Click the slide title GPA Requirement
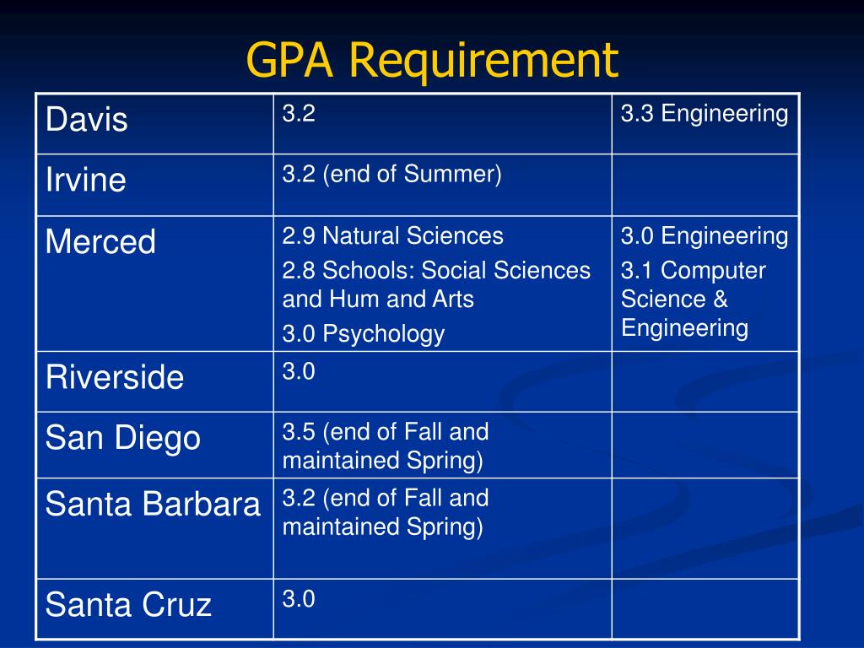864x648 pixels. click(432, 61)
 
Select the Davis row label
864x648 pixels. click(87, 119)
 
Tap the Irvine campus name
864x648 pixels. click(86, 180)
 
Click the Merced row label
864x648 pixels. click(100, 241)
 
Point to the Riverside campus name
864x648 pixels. click(115, 377)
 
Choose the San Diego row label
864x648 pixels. click(123, 439)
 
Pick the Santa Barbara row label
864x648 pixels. click(153, 504)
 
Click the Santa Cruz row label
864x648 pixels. click(128, 604)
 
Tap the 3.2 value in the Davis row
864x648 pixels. click(299, 114)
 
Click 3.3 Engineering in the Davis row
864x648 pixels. click(705, 114)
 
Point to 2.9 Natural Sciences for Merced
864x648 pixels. click(393, 236)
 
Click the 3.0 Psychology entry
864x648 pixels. click(364, 334)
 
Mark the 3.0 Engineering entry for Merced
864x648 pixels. click(705, 236)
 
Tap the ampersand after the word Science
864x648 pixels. click(721, 300)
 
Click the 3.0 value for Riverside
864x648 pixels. click(299, 371)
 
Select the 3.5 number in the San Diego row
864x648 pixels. click(299, 432)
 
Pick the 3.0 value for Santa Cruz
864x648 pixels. click(299, 599)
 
